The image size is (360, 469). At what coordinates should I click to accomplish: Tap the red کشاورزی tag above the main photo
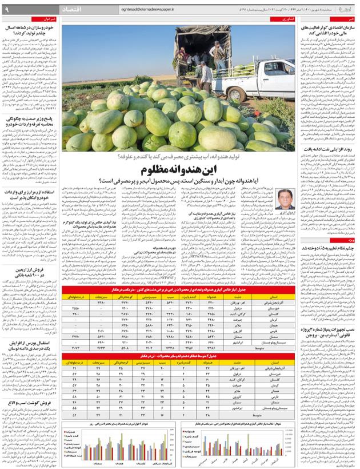(279, 21)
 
